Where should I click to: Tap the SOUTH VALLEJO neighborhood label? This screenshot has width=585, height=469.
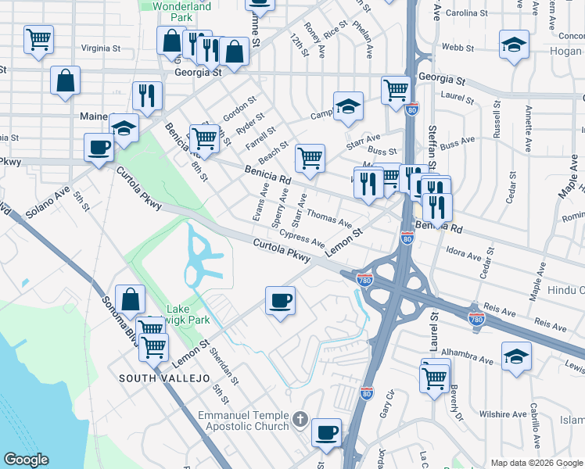(164, 378)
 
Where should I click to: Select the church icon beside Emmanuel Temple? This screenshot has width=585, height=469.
(299, 421)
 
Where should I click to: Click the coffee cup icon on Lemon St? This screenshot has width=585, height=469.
(280, 300)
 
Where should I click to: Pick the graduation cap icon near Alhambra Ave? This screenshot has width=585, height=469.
(516, 356)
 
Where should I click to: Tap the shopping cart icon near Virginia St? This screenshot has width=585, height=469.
(38, 38)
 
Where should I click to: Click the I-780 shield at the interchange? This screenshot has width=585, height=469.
(364, 279)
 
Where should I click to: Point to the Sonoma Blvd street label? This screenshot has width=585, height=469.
(117, 317)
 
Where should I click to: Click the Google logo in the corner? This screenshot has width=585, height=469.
(26, 460)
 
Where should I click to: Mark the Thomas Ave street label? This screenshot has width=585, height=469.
(329, 218)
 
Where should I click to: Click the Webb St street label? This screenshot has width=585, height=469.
(453, 47)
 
